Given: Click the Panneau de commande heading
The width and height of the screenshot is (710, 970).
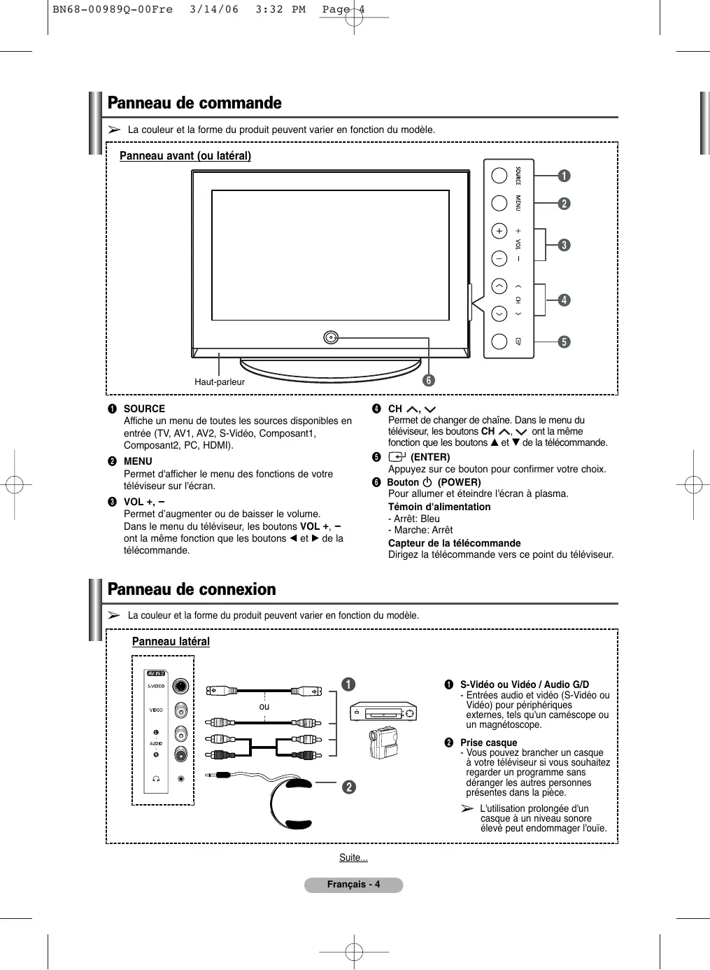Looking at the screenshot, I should click(194, 103).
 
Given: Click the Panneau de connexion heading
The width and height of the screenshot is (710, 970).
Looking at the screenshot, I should click(192, 589).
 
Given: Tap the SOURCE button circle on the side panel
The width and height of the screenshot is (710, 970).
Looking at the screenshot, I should click(499, 175).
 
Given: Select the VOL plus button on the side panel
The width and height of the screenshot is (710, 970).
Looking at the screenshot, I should click(499, 231).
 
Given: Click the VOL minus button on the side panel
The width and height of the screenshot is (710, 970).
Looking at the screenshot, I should click(499, 258).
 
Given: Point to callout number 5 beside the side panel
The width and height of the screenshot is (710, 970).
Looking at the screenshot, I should click(564, 342).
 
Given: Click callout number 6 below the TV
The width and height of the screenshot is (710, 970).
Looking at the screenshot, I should click(428, 381).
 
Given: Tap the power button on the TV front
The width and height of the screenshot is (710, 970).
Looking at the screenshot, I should click(332, 338).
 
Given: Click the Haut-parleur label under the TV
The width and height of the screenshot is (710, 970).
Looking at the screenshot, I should click(220, 382).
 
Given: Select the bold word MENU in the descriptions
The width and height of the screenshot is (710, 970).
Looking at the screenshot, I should click(138, 461).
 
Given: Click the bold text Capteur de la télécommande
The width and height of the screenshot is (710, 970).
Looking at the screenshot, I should click(454, 543).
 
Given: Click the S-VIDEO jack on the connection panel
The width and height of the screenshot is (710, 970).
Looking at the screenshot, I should click(181, 686).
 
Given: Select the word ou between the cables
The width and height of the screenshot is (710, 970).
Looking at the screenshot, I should click(264, 707).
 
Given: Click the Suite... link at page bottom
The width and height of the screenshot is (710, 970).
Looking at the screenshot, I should click(353, 858).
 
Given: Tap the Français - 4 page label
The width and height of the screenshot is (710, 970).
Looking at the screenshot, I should click(353, 885).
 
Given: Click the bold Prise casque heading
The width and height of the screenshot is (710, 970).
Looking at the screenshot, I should click(488, 743).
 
